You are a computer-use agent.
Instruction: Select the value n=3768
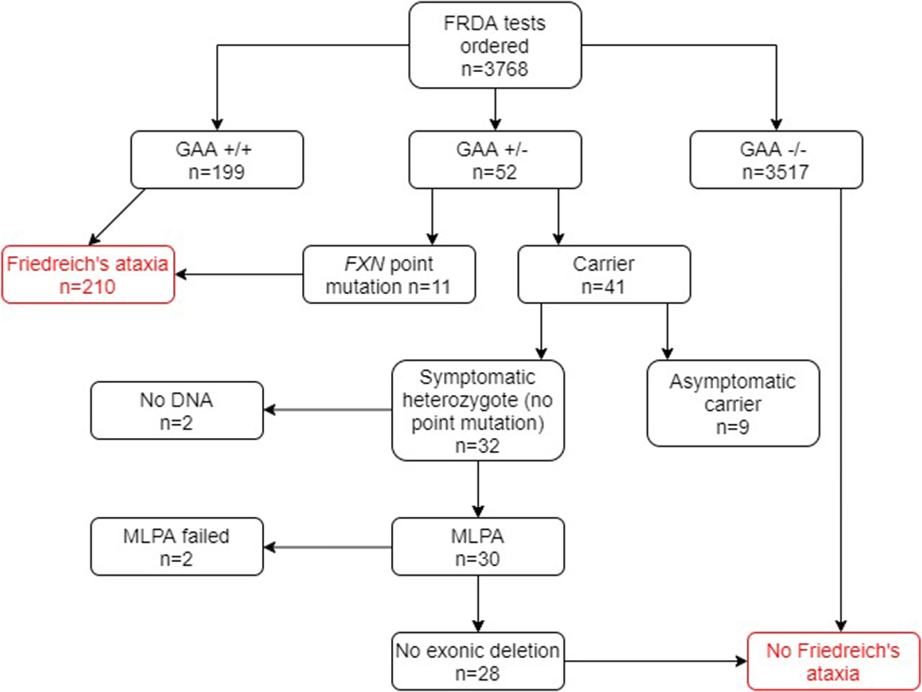point(494,69)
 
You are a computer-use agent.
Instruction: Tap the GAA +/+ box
point(216,160)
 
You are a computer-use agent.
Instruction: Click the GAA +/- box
point(494,160)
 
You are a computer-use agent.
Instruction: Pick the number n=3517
point(775,172)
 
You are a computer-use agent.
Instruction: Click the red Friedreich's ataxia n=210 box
point(87,275)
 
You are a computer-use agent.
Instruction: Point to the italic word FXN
point(364,264)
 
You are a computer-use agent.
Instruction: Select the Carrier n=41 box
point(604,275)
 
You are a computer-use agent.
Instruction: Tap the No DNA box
point(176,411)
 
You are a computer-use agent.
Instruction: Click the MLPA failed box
point(176,546)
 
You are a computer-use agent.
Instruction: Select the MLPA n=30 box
point(477,546)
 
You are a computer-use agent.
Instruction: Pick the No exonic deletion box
point(477,661)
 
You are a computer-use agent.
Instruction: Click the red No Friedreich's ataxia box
point(833,661)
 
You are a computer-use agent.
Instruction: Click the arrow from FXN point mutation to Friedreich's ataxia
point(239,275)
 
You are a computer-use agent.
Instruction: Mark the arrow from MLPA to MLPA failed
point(328,547)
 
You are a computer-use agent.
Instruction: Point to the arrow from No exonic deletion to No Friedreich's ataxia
point(656,661)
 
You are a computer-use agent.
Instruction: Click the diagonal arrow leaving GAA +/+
point(117,216)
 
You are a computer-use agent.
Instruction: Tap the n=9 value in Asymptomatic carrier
point(733,427)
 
